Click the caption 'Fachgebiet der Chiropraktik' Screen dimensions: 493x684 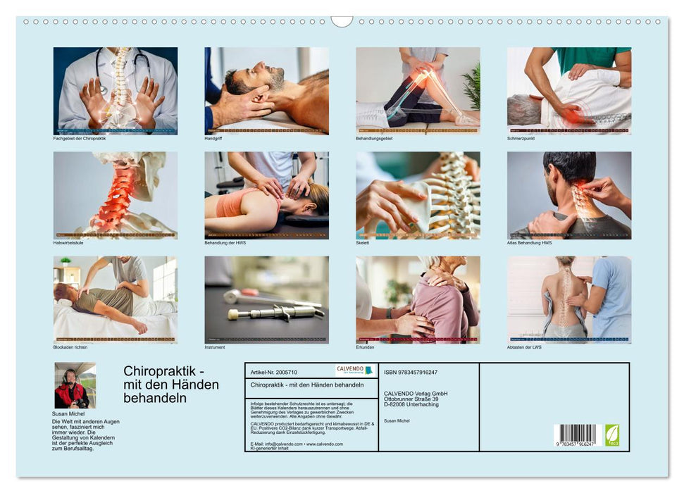(80, 139)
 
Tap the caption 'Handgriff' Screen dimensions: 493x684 (213, 139)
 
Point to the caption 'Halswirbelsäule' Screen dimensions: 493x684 (68, 243)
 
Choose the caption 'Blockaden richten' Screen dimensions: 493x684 (70, 347)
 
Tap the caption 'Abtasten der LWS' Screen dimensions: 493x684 (525, 347)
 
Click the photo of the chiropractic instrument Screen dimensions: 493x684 (266, 299)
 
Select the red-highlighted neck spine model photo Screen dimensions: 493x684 (116, 195)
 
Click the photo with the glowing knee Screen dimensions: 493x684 (418, 90)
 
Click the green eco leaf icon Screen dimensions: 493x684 (612, 434)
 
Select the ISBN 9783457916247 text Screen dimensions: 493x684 (411, 372)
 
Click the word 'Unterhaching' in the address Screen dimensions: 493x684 (421, 404)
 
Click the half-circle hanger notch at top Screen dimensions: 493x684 (342, 21)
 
